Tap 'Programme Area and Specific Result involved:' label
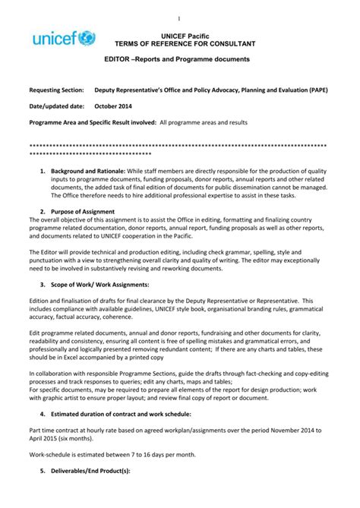tap(92, 122)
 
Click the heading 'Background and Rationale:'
tap(87, 172)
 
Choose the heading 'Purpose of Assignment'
tap(85, 210)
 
